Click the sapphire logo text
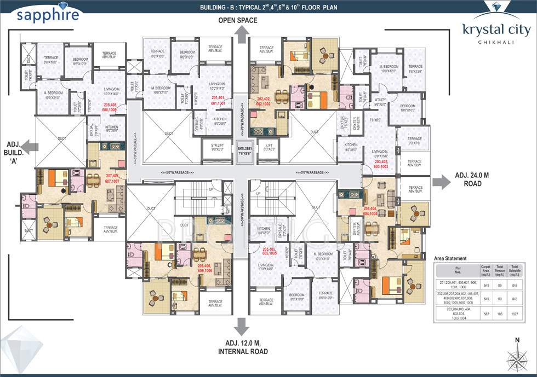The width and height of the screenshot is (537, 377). coord(47,15)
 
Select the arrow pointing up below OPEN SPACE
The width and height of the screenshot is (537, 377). coord(241,36)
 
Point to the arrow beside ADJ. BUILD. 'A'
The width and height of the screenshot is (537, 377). coord(32,146)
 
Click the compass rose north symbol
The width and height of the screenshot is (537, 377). coord(517,358)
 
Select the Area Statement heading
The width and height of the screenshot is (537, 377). coord(450,258)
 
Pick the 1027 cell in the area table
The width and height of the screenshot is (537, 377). coord(515,315)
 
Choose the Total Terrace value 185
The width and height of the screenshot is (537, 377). coord(499,315)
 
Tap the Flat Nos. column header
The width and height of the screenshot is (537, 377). coord(456,269)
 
